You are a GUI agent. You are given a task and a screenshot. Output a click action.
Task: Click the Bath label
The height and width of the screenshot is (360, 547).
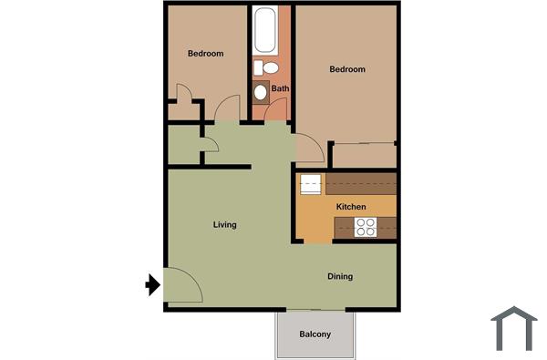[x=280, y=88]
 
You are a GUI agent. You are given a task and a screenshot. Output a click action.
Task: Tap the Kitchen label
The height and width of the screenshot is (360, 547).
[x=351, y=207]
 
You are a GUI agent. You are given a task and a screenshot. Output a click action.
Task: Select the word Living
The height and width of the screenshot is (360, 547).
[x=225, y=224]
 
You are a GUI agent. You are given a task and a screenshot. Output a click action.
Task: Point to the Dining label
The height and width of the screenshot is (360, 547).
[x=340, y=276]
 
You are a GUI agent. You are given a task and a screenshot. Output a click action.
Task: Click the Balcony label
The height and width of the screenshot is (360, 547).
[x=315, y=334]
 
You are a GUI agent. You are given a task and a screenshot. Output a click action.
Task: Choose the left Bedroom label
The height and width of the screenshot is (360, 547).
[x=205, y=54]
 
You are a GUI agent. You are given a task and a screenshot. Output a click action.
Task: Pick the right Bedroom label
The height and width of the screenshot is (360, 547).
[x=347, y=69]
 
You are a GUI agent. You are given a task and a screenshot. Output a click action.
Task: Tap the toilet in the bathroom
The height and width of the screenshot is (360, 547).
[x=266, y=67]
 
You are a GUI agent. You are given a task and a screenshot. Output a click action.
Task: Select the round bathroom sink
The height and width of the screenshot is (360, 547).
[x=261, y=91]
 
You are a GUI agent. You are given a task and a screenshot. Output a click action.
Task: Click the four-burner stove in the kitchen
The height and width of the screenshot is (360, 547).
[x=366, y=227]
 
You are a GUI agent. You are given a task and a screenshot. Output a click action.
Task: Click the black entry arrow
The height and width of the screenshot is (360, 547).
[x=153, y=286]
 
